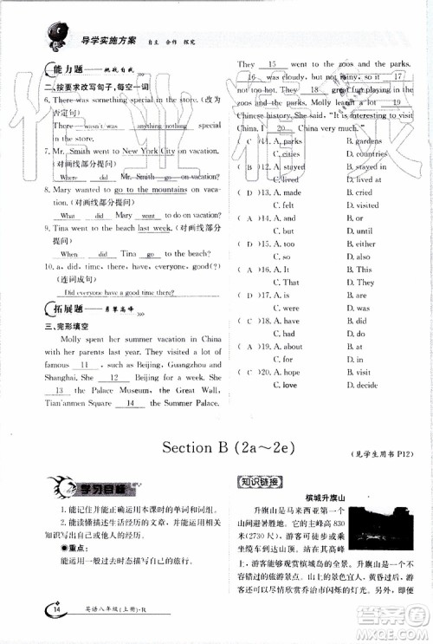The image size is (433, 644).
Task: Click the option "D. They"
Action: [361, 283]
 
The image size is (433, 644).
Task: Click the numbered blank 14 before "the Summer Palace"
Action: [132, 402]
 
